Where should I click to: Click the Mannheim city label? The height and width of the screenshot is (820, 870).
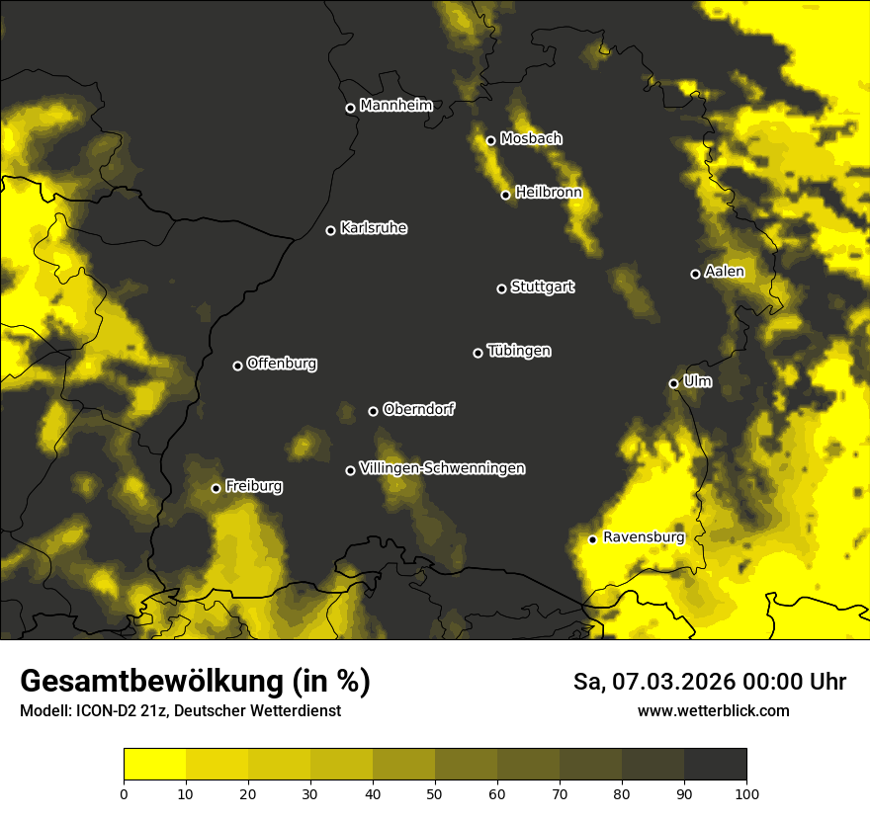(x=395, y=105)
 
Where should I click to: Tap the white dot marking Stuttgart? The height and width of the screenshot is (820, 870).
(x=501, y=288)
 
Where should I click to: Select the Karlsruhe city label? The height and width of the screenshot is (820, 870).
(x=373, y=228)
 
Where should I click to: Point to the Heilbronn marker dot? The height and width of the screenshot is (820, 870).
(x=505, y=195)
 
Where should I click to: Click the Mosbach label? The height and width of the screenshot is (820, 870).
(x=530, y=138)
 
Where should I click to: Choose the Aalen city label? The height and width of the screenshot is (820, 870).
(x=724, y=272)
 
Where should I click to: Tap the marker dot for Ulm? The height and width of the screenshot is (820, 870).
(x=673, y=383)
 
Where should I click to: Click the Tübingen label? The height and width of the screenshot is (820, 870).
(x=519, y=351)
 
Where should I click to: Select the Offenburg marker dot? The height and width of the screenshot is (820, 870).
(x=237, y=366)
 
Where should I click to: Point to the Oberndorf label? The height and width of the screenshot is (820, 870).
(x=418, y=409)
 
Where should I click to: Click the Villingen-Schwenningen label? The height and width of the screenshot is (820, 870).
(x=442, y=468)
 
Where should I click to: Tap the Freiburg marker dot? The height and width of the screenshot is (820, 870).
(x=216, y=488)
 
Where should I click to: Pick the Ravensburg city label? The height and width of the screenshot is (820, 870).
(x=643, y=537)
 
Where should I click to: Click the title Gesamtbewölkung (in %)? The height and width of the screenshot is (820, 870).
(x=195, y=682)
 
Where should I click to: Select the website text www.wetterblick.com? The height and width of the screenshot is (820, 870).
(x=713, y=710)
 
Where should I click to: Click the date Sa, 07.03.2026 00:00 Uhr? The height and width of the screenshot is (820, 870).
(x=709, y=682)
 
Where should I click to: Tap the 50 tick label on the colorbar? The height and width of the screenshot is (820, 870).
(x=435, y=792)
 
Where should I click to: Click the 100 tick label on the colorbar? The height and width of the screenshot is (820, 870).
(x=745, y=792)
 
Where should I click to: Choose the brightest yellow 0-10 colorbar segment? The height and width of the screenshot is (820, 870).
(x=154, y=765)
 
